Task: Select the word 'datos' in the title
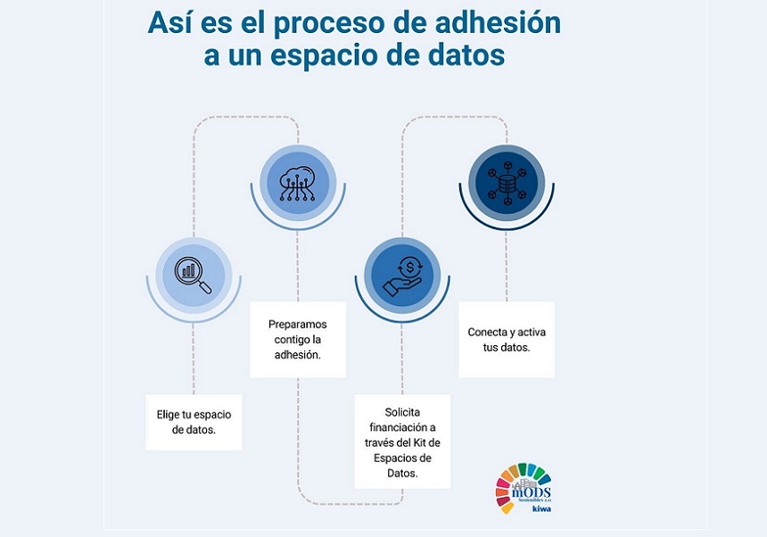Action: [x=462, y=55]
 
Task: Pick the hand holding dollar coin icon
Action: [x=402, y=275]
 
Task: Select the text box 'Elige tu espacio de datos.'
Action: [x=194, y=422]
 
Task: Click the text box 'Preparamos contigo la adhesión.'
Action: [x=298, y=340]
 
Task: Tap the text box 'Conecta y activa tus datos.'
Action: [x=507, y=340]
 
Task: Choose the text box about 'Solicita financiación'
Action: [x=402, y=442]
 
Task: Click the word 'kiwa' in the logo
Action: [x=540, y=509]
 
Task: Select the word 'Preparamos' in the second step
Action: [x=298, y=324]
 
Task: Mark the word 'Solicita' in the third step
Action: [x=402, y=412]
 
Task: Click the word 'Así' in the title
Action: [x=170, y=22]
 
